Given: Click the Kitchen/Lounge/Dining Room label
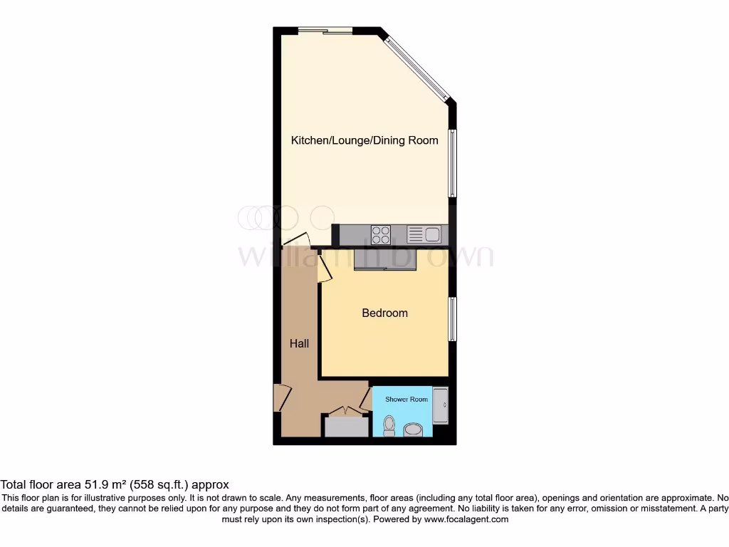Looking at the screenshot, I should click(x=364, y=140).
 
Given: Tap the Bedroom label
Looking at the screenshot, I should click(x=384, y=313).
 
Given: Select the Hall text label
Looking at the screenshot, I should click(x=299, y=343).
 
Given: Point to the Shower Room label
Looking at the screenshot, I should click(x=407, y=400).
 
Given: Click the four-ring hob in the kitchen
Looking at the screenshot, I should click(x=381, y=234).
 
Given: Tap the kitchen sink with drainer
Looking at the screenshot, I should click(x=424, y=234).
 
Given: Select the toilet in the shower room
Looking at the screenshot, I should click(x=389, y=426).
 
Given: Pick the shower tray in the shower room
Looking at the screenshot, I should click(x=441, y=406).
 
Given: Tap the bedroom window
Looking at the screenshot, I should click(x=452, y=318).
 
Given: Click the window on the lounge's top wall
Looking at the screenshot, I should click(x=325, y=30).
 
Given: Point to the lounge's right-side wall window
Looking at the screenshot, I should click(x=452, y=162).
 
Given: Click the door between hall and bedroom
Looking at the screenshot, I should click(x=324, y=268).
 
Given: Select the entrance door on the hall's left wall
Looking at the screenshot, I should click(x=281, y=397).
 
